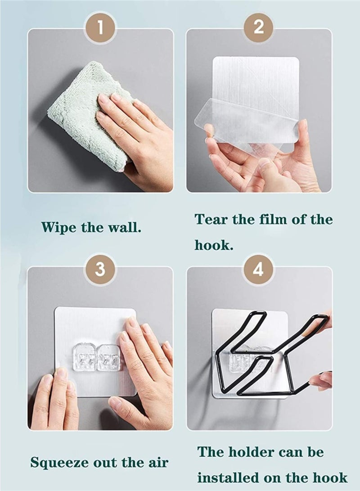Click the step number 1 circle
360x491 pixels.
pos(100,28)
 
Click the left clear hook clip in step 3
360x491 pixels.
pos(84,358)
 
